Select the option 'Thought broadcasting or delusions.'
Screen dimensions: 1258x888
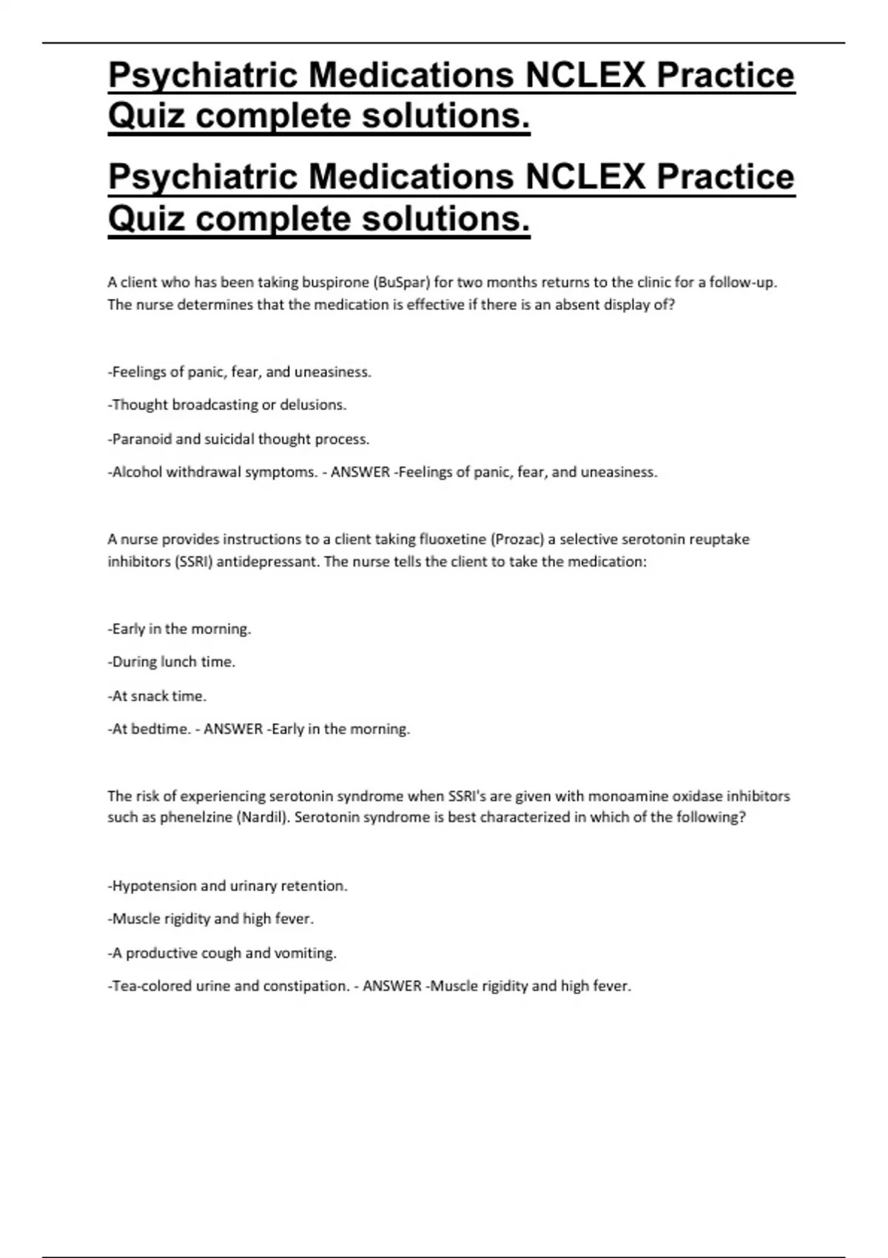[227, 405]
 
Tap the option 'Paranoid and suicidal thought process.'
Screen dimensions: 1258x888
[238, 439]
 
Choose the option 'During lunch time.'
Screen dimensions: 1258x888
[172, 662]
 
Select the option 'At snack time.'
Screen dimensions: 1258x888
[157, 696]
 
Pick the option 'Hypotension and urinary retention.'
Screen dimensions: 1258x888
[227, 886]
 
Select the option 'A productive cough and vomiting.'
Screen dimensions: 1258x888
[222, 953]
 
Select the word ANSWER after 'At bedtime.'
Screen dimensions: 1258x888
[233, 729]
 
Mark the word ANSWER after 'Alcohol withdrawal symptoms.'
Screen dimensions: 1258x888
[360, 472]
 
